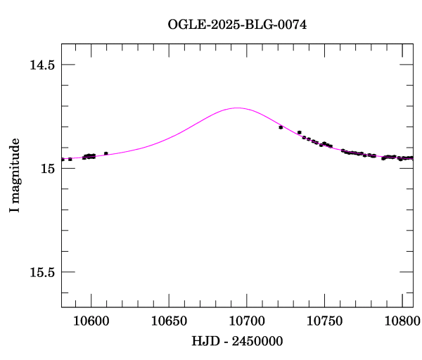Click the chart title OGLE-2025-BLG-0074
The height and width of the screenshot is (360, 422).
coord(237,25)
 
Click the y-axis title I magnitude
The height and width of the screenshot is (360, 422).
coord(15,176)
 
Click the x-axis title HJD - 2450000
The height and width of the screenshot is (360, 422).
coord(237,341)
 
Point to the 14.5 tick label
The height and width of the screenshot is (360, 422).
coord(41,65)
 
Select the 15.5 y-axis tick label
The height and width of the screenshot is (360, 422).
coord(41,272)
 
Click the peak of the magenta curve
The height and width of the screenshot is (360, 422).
coord(237,108)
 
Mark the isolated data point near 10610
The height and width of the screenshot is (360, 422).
coord(105,153)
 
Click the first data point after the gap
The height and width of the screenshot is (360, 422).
coord(281,127)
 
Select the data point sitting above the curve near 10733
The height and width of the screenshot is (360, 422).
coord(300,132)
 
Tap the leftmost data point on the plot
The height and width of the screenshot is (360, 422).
coord(63,160)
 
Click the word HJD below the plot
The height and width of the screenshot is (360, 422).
coord(204,341)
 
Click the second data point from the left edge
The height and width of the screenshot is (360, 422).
coord(70,160)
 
